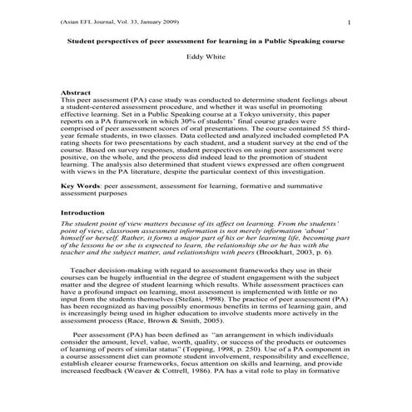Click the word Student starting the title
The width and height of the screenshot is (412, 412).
(81, 40)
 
